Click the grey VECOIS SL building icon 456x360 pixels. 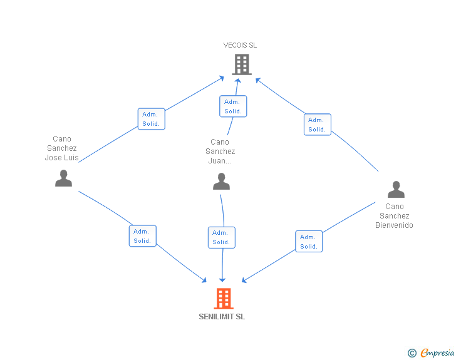click(241, 64)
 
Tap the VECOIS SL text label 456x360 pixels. click(240, 45)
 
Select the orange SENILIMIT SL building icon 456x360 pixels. click(224, 299)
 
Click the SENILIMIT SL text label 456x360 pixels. click(222, 316)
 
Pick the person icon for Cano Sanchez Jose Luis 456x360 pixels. click(63, 178)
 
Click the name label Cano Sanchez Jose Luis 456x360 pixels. click(62, 148)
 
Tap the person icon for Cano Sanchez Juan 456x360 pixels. click(221, 182)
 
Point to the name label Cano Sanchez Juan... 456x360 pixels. click(220, 151)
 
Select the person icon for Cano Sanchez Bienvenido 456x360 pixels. click(395, 189)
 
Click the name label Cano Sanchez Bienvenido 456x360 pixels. click(395, 216)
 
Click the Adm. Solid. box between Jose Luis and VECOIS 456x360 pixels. click(151, 119)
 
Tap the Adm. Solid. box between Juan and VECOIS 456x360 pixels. click(233, 106)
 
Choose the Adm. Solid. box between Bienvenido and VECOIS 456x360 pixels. click(317, 125)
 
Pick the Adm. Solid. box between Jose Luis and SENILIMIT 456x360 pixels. click(143, 236)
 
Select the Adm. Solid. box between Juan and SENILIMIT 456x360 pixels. click(221, 237)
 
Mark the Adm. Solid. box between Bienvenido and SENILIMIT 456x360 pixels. click(309, 242)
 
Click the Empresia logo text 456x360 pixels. click(437, 353)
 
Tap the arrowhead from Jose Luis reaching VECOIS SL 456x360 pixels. click(222, 78)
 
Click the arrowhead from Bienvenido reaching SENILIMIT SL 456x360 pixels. click(245, 280)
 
